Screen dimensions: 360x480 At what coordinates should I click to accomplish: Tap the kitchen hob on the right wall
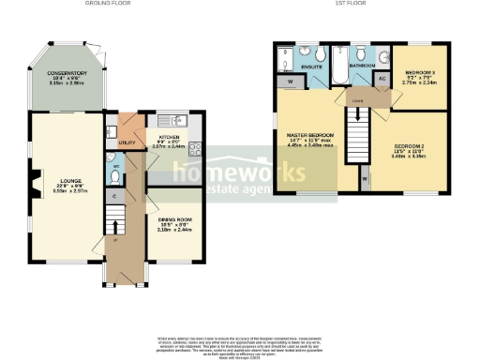pos(194,147)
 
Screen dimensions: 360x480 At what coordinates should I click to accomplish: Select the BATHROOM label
pos(362,67)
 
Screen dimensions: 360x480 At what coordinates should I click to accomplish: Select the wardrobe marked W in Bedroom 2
pos(364,176)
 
